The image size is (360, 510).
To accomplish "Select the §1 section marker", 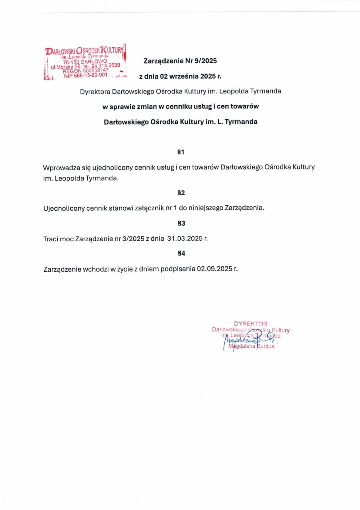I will click(181, 152).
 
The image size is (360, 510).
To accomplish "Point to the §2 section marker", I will click(181, 193).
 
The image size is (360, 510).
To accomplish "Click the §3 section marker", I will click(181, 223).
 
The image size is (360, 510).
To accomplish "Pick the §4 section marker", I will click(181, 253).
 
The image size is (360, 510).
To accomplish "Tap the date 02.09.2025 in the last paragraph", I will click(214, 269).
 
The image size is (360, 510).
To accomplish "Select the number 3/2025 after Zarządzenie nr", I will click(133, 239).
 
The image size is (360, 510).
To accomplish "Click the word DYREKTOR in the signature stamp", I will click(251, 324).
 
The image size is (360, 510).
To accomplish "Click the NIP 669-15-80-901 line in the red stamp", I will click(86, 75).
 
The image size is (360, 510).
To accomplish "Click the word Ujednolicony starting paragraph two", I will click(64, 208).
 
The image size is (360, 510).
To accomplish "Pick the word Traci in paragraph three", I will click(51, 239).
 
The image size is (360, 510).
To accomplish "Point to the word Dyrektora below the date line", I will click(95, 91).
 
